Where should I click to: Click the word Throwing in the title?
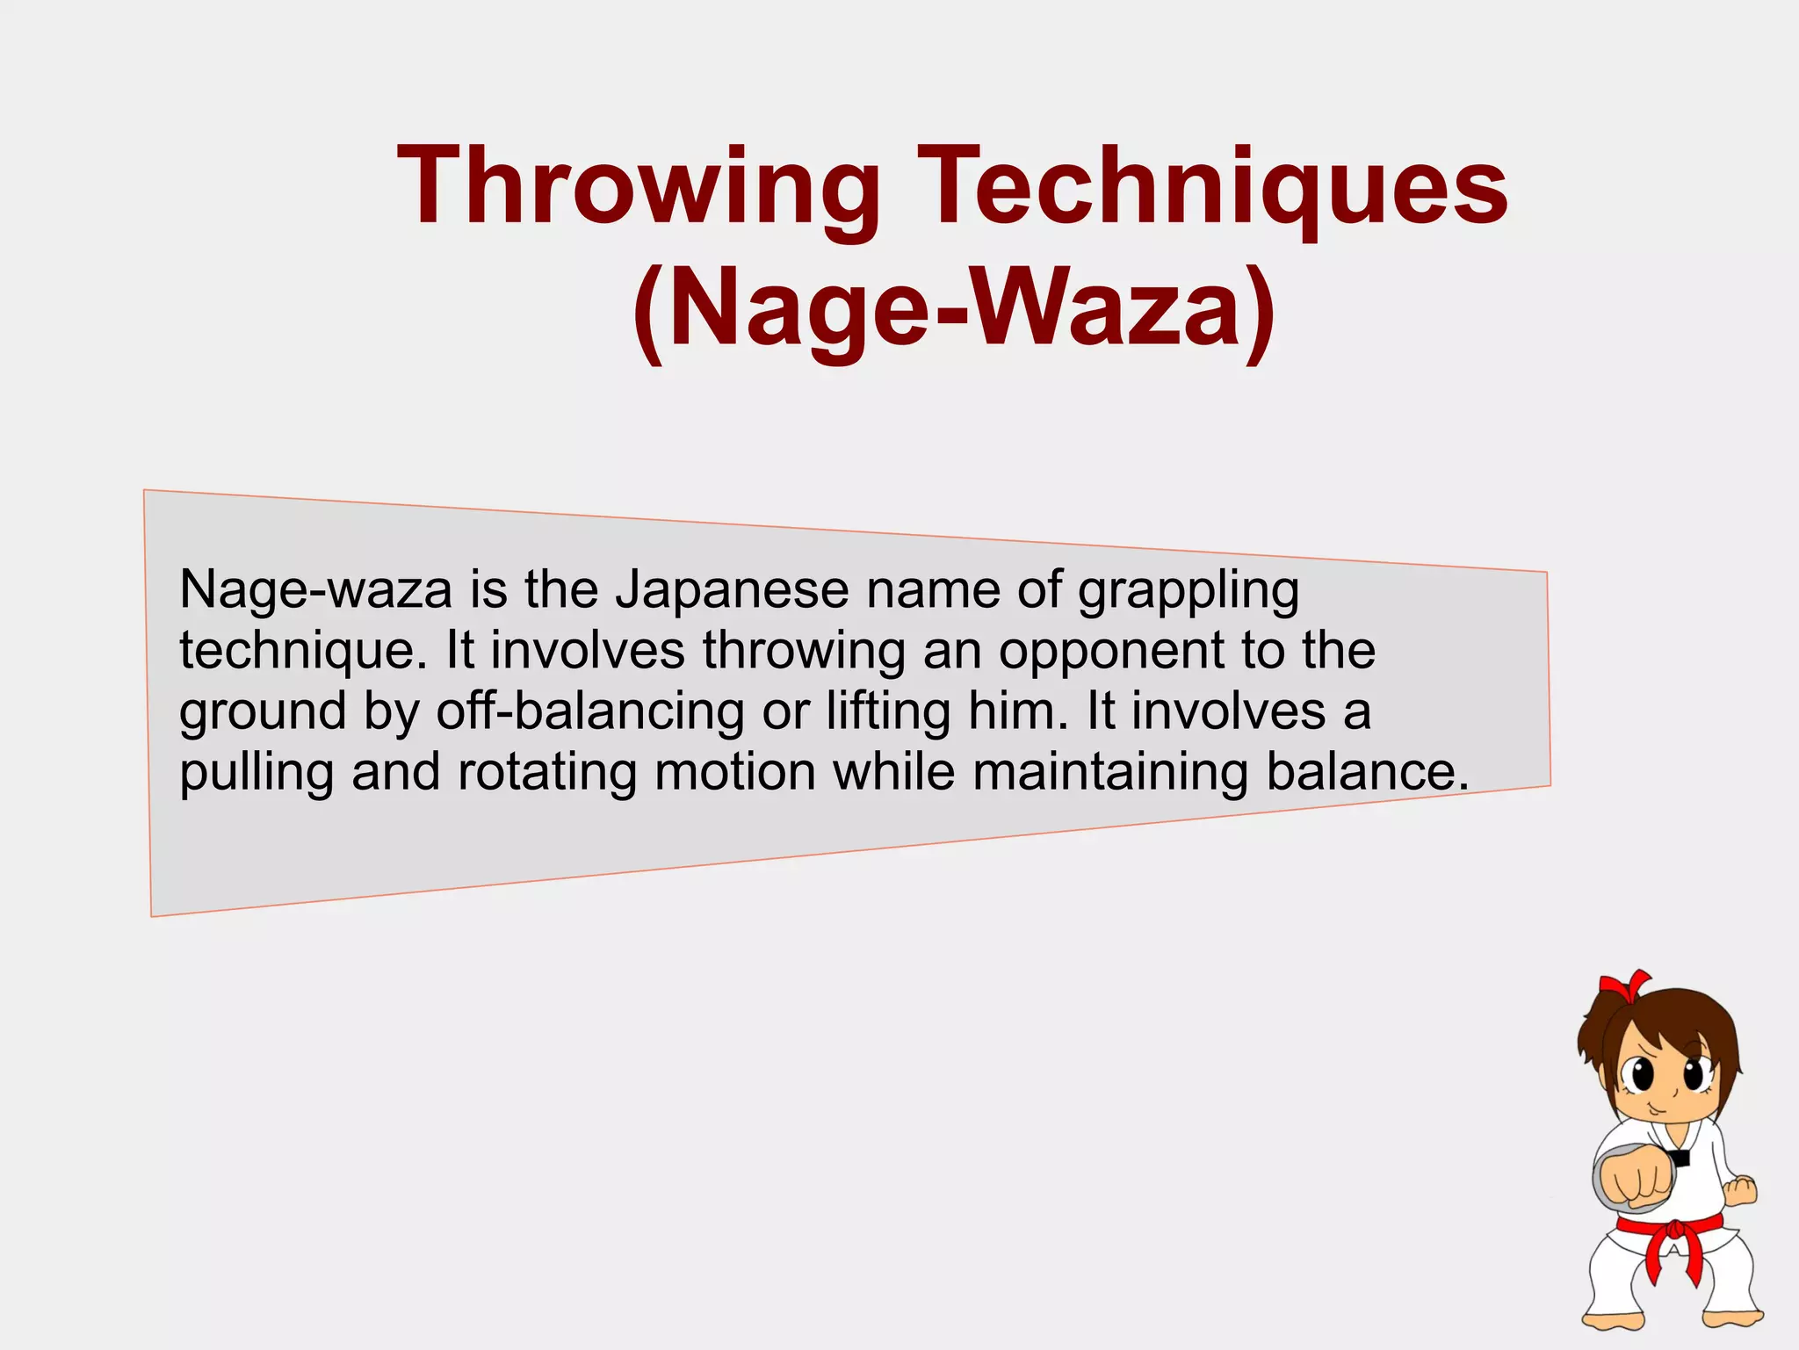[639, 187]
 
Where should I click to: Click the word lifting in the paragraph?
[887, 711]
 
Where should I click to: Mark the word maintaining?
[1110, 773]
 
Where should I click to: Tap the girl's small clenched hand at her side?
[1740, 1190]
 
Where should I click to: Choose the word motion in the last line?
[735, 773]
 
